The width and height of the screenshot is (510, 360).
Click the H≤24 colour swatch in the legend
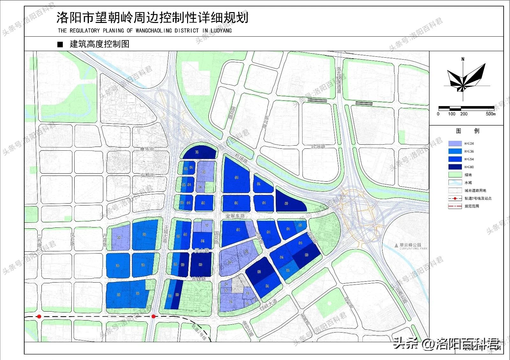point(455,144)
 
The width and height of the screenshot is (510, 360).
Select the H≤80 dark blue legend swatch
point(455,167)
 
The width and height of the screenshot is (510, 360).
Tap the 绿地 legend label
point(468,175)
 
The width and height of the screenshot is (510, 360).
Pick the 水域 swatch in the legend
point(455,183)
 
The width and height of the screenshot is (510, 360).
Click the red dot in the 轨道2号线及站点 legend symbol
point(455,198)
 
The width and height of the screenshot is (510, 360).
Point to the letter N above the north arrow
point(463,59)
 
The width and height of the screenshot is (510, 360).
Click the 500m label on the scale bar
point(491,114)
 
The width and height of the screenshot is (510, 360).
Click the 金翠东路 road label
point(235,216)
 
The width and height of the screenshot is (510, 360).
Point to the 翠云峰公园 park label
point(410,245)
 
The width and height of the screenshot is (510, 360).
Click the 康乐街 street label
point(147,149)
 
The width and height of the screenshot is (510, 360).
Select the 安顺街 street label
point(147,175)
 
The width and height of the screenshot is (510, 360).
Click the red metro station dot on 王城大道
point(153,316)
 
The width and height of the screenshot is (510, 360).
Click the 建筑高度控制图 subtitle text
point(99,44)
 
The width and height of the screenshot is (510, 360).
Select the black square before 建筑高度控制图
point(60,44)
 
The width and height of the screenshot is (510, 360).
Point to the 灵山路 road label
point(201,251)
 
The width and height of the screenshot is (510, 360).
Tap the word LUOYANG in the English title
point(221,31)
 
